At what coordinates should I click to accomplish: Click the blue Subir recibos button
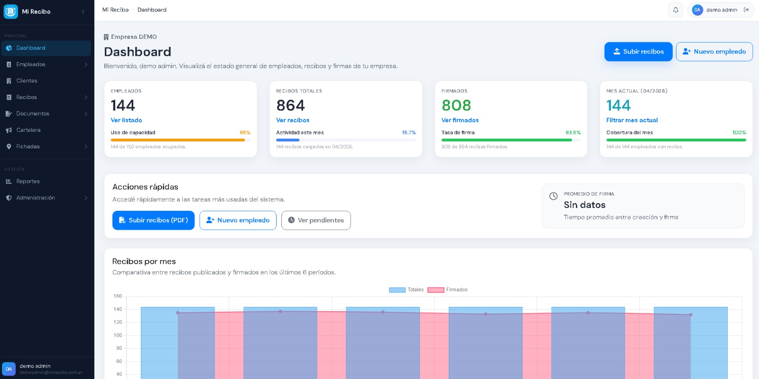(x=638, y=52)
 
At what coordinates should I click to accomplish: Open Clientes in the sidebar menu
(x=27, y=81)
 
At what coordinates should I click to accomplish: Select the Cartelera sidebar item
(x=28, y=130)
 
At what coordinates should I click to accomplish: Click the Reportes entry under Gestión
(x=28, y=181)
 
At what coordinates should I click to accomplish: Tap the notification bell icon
(x=676, y=10)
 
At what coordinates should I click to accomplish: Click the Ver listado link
(x=126, y=120)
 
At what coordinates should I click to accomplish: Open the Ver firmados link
(x=460, y=120)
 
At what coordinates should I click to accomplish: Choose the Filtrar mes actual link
(x=632, y=120)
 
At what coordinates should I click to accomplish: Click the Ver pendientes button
(x=316, y=220)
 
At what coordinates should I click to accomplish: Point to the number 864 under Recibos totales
(x=290, y=105)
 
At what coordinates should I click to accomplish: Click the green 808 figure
(x=456, y=105)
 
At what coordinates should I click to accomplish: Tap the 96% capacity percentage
(x=245, y=133)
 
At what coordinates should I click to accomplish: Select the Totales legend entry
(x=407, y=290)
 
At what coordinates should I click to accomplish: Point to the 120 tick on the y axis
(x=118, y=322)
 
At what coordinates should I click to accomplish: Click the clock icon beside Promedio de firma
(x=553, y=196)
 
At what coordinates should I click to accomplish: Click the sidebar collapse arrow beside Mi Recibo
(x=83, y=11)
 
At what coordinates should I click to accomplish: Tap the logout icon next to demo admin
(x=746, y=10)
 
